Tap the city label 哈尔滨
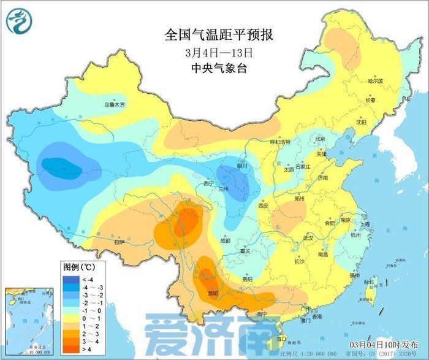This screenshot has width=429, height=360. click(374, 81)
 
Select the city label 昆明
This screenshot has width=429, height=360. click(213, 293)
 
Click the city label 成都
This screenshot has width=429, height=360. click(224, 240)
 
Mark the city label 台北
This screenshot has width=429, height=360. click(369, 283)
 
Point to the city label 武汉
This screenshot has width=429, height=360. click(308, 237)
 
